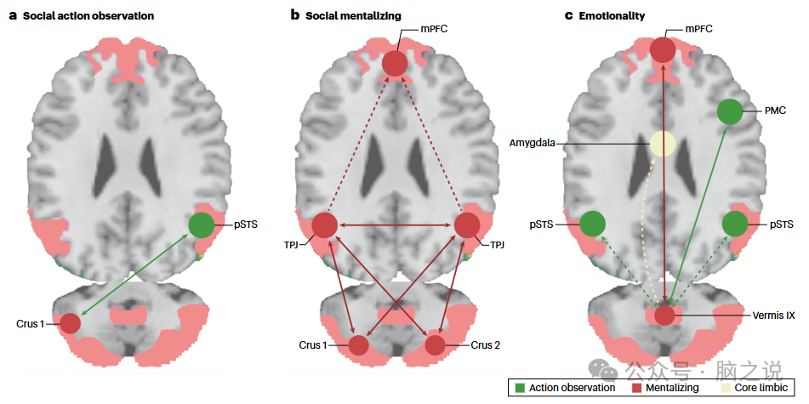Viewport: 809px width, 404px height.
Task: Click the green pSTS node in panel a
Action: [202, 225]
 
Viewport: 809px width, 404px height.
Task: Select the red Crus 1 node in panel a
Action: [70, 324]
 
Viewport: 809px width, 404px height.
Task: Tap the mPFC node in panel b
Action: [394, 63]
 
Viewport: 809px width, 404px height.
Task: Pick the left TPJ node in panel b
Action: [325, 225]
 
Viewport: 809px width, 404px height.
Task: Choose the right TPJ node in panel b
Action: [467, 225]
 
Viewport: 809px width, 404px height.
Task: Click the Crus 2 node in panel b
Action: [435, 345]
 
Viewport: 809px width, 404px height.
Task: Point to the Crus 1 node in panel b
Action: [358, 345]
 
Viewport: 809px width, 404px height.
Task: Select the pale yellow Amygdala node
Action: [663, 144]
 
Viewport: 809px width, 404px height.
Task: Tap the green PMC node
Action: [729, 111]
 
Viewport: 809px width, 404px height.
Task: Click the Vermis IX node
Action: [664, 315]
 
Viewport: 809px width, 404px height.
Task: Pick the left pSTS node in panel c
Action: [593, 225]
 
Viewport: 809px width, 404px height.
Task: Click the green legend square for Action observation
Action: [519, 388]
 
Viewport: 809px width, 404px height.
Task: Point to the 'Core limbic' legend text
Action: [760, 388]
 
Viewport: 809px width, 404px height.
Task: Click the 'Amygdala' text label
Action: [534, 144]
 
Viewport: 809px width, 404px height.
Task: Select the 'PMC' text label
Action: [773, 111]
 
